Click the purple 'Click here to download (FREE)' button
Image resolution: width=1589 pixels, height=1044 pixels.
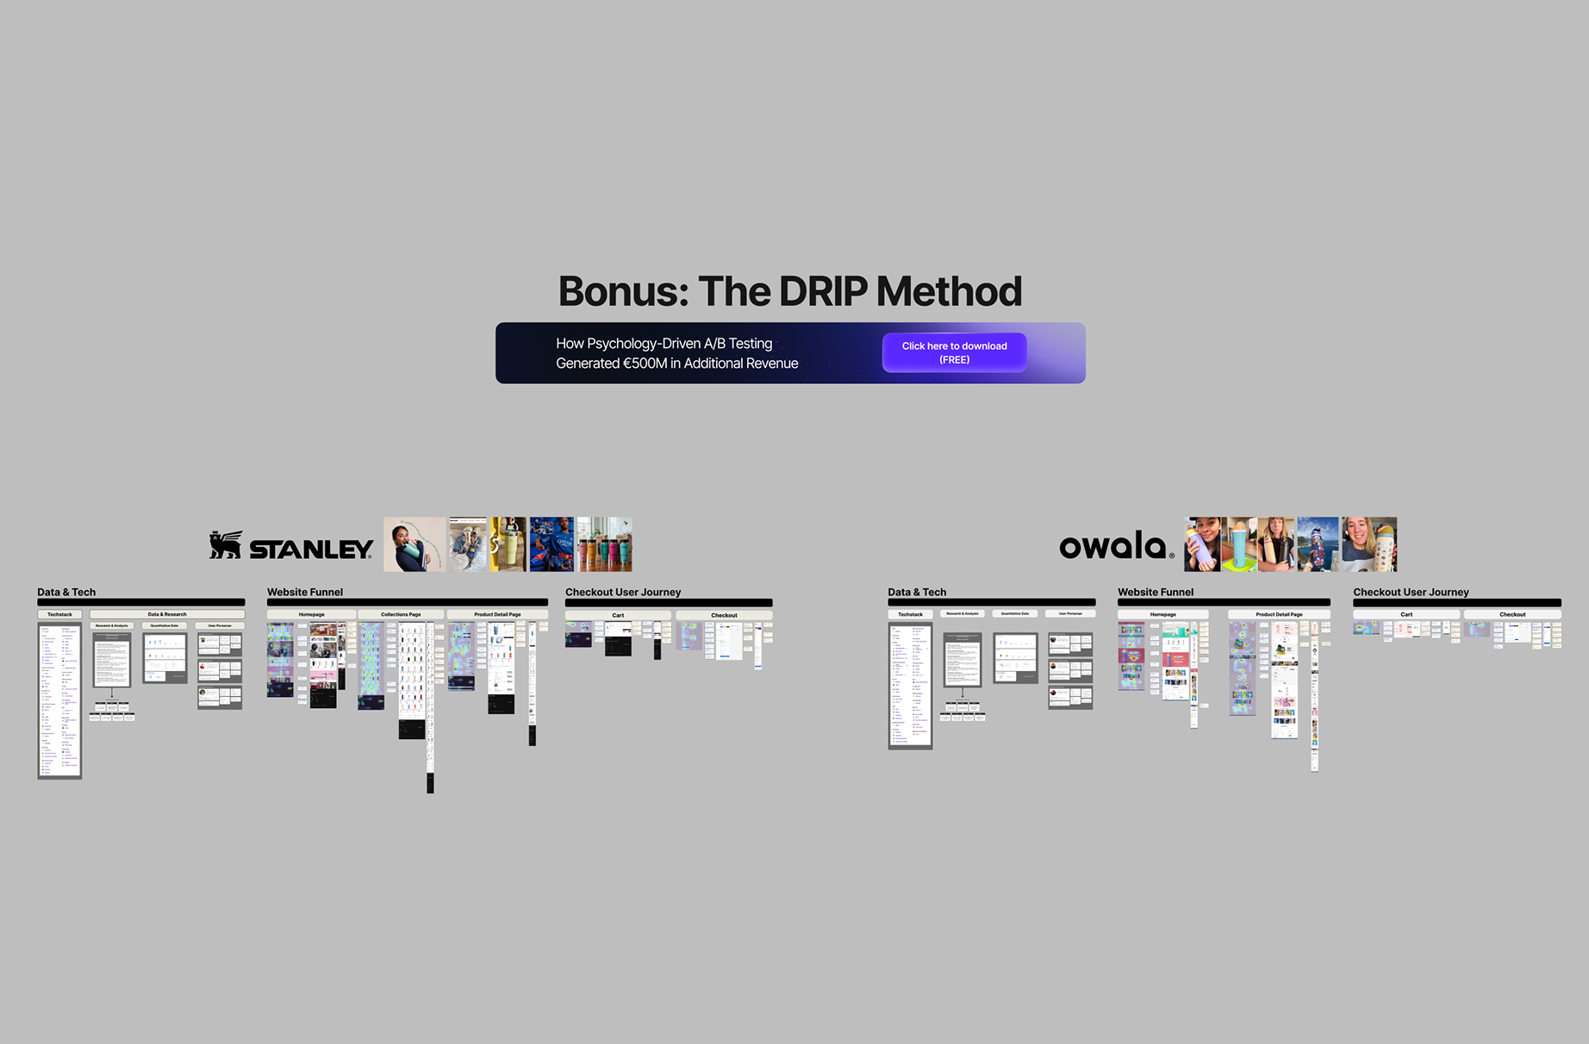coord(954,352)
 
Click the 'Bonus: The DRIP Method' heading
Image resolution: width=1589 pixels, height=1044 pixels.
coord(789,291)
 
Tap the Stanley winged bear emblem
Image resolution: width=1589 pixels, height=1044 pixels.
coord(226,545)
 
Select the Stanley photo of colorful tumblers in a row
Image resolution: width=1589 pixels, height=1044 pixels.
coord(604,544)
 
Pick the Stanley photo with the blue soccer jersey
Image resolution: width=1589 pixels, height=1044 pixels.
coord(551,544)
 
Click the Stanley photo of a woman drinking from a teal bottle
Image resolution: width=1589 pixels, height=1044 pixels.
coord(414,544)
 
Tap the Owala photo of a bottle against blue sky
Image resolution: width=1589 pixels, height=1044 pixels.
coord(1318,544)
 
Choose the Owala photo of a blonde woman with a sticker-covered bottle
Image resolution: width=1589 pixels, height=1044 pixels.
coord(1369,544)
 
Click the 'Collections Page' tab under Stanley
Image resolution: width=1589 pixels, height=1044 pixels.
coord(401,615)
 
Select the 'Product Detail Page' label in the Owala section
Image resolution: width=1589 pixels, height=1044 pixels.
coord(1279,615)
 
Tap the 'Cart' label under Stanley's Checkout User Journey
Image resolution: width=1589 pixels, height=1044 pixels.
coord(618,616)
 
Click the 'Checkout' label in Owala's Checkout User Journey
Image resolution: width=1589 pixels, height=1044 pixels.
coord(1512,615)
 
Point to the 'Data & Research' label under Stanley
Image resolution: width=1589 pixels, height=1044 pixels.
coord(167,615)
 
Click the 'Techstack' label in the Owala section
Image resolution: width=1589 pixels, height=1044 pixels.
coord(910,615)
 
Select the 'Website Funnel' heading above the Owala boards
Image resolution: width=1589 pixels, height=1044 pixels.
coord(1156,593)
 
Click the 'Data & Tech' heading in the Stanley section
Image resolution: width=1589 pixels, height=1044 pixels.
coord(66,593)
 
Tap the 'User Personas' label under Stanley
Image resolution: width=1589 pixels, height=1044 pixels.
coord(220,626)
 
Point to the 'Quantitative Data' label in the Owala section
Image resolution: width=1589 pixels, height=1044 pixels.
coord(1015,614)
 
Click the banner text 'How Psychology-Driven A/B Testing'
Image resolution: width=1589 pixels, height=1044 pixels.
coord(664,344)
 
